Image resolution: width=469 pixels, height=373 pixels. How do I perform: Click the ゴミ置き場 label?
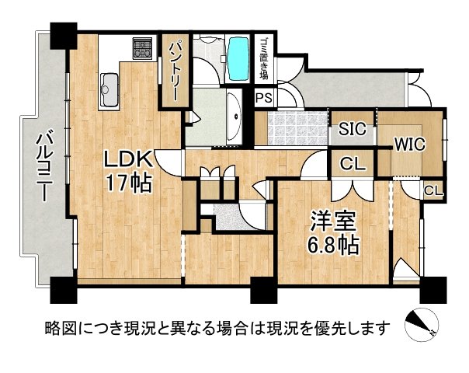click(264, 60)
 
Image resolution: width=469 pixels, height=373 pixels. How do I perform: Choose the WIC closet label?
click(407, 144)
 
